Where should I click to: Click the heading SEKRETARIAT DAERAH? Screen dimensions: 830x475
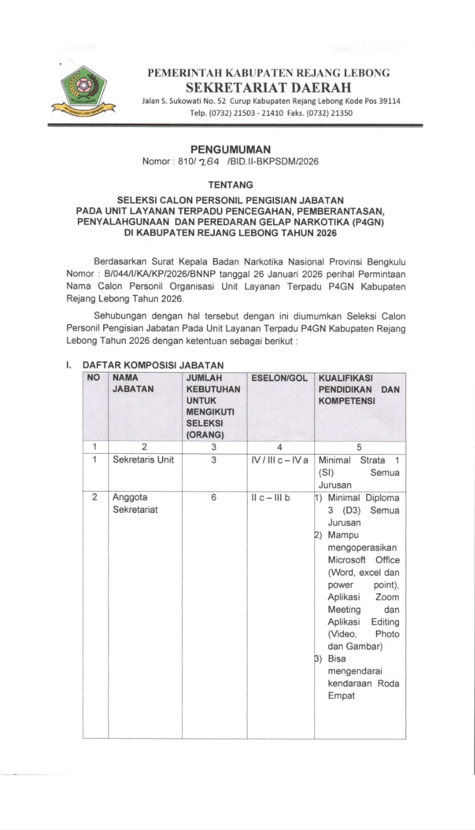point(268,87)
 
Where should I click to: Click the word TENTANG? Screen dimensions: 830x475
point(231,186)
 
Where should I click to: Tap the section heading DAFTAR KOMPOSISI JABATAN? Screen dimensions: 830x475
point(153,365)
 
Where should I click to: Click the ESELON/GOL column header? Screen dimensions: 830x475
point(279,377)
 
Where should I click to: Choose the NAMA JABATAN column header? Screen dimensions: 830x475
point(133,383)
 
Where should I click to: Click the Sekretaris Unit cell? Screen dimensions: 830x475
point(143,460)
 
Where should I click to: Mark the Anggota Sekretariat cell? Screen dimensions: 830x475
point(135,504)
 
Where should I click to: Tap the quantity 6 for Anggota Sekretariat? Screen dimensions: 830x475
point(214,498)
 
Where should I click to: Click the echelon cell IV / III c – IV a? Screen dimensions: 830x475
point(279,460)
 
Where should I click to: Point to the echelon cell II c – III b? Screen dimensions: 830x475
point(270,498)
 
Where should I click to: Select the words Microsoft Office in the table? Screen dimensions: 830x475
point(363,560)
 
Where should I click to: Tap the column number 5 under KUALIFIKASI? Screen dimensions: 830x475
point(359,447)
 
